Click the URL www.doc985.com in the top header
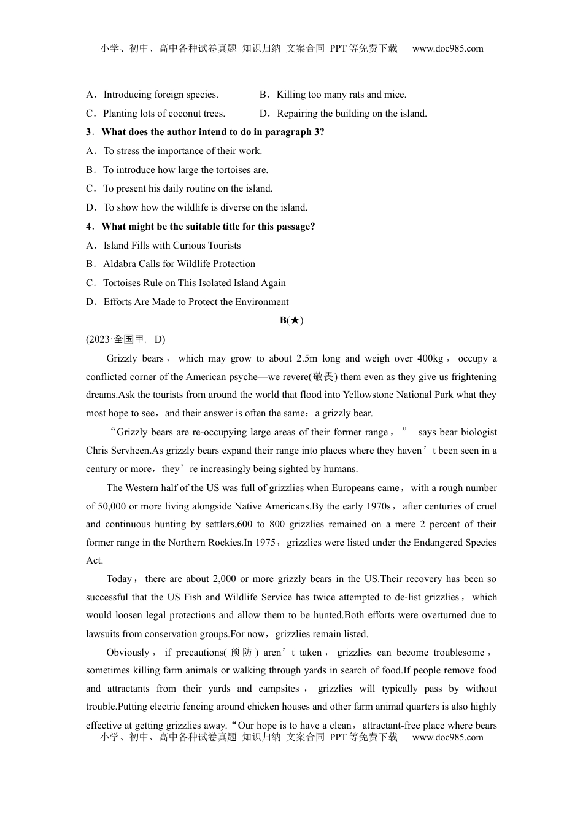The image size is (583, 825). click(x=447, y=48)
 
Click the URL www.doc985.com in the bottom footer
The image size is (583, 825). click(x=447, y=737)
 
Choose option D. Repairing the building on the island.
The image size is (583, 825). click(x=343, y=114)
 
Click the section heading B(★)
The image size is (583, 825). click(x=291, y=320)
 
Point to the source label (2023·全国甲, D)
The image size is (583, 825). click(x=125, y=339)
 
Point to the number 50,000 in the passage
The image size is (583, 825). click(x=112, y=506)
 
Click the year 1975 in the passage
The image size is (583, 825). click(x=264, y=543)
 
